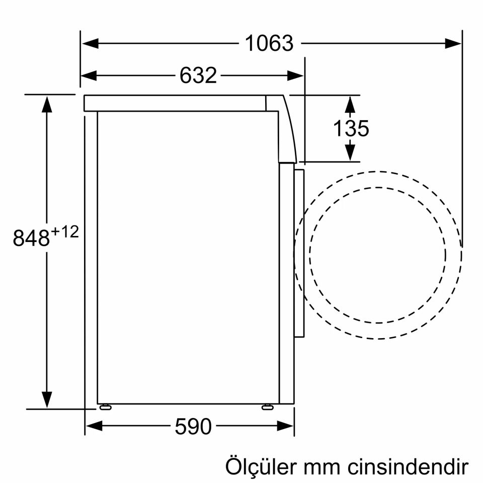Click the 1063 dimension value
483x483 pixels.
pyautogui.click(x=269, y=43)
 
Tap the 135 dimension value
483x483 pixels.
pyautogui.click(x=351, y=128)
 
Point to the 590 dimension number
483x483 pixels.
pyautogui.click(x=193, y=427)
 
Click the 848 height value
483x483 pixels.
pyautogui.click(x=32, y=238)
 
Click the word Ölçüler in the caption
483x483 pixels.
pyautogui.click(x=260, y=466)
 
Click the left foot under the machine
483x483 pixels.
pyautogui.click(x=105, y=407)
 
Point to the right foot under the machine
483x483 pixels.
pyautogui.click(x=268, y=407)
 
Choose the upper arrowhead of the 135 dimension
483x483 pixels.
pyautogui.click(x=351, y=103)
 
